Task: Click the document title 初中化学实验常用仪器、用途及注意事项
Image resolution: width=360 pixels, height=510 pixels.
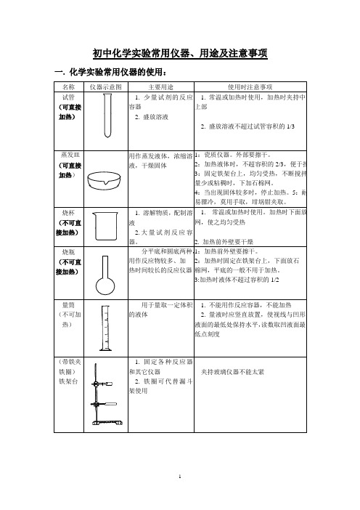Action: (x=180, y=53)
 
